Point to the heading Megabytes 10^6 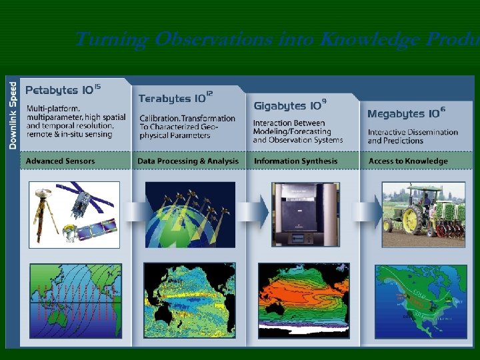tap(406, 113)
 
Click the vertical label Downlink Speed tap(13, 115)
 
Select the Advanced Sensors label tap(60, 161)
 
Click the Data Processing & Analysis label tap(187, 161)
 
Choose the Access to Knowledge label tap(408, 161)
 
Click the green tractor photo tap(423, 213)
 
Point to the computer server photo tap(305, 213)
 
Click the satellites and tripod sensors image tap(74, 213)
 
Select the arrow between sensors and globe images tap(134, 212)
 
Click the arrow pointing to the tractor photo tap(365, 212)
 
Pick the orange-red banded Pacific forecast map tap(304, 300)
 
